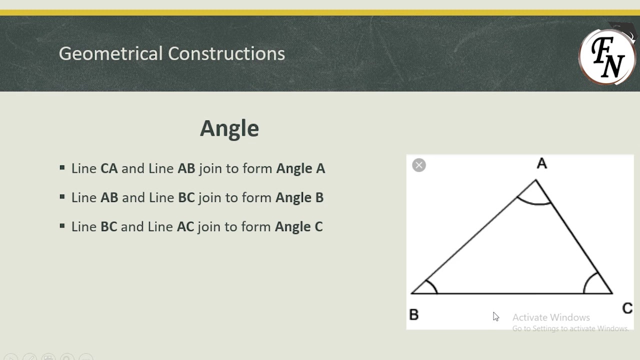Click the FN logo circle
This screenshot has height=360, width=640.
tap(607, 56)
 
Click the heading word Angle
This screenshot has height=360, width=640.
tap(229, 128)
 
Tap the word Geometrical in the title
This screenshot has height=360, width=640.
tap(110, 53)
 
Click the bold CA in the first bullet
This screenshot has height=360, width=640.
tap(109, 168)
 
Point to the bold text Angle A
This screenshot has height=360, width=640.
tap(300, 168)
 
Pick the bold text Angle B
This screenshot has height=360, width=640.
tap(299, 197)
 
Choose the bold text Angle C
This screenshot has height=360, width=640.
tap(299, 226)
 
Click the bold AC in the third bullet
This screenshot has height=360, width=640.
tap(185, 226)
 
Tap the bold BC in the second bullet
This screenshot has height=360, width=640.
tap(186, 197)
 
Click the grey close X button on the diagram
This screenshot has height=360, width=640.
tap(419, 165)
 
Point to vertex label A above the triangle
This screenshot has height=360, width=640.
tap(542, 163)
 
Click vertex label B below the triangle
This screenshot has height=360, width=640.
tap(414, 314)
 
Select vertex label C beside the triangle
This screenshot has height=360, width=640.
tap(627, 308)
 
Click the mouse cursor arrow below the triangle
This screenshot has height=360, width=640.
tap(495, 316)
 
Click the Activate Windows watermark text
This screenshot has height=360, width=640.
tap(551, 317)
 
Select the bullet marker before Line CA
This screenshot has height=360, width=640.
tap(62, 168)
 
